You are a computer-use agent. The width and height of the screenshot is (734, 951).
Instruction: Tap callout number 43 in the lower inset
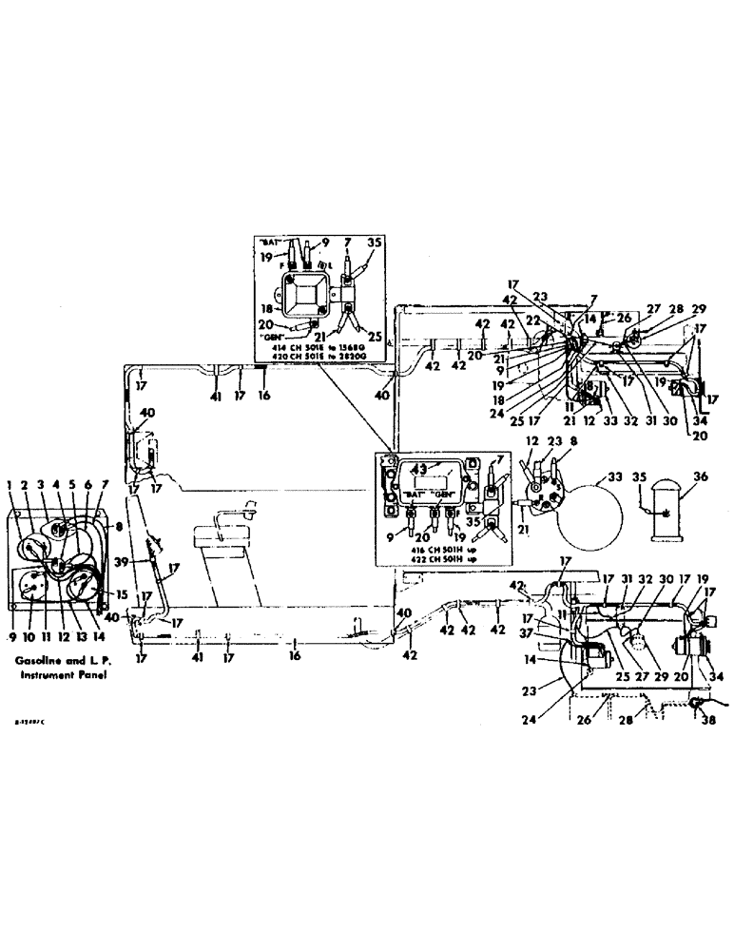pyautogui.click(x=419, y=468)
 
